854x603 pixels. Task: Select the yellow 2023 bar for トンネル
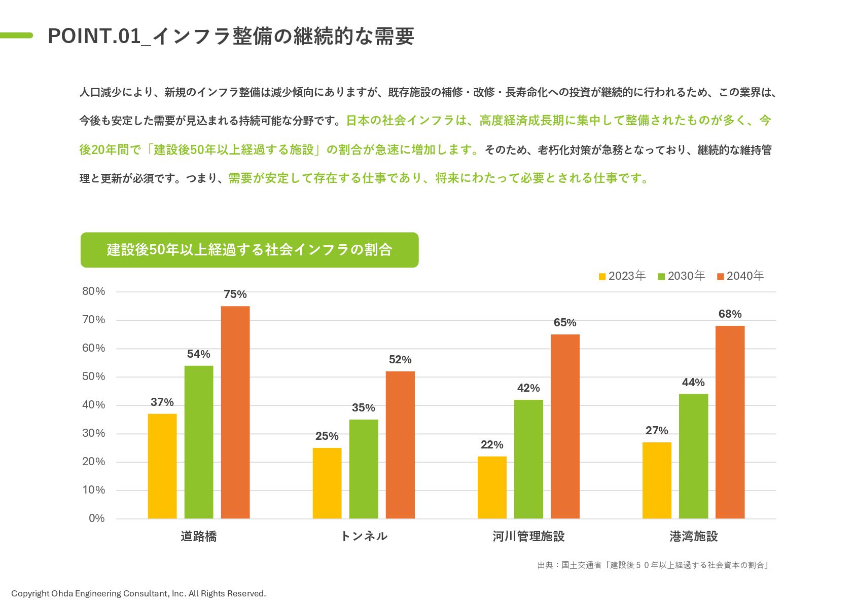327,483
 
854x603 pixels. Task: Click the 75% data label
235,294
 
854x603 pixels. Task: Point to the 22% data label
492,445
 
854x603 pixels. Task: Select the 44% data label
693,383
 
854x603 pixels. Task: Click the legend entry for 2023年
622,276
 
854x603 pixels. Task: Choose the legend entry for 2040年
740,276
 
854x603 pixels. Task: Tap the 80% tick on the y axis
94,291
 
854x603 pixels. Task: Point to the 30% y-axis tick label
94,433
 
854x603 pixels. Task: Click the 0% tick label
96,518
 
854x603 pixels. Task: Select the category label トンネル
364,536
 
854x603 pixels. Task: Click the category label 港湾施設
693,536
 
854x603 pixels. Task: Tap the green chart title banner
250,250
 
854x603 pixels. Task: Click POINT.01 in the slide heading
94,36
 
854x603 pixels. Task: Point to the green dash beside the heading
16,35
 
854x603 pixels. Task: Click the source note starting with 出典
653,565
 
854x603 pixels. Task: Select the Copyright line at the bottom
138,593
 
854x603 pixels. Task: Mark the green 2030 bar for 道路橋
199,442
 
